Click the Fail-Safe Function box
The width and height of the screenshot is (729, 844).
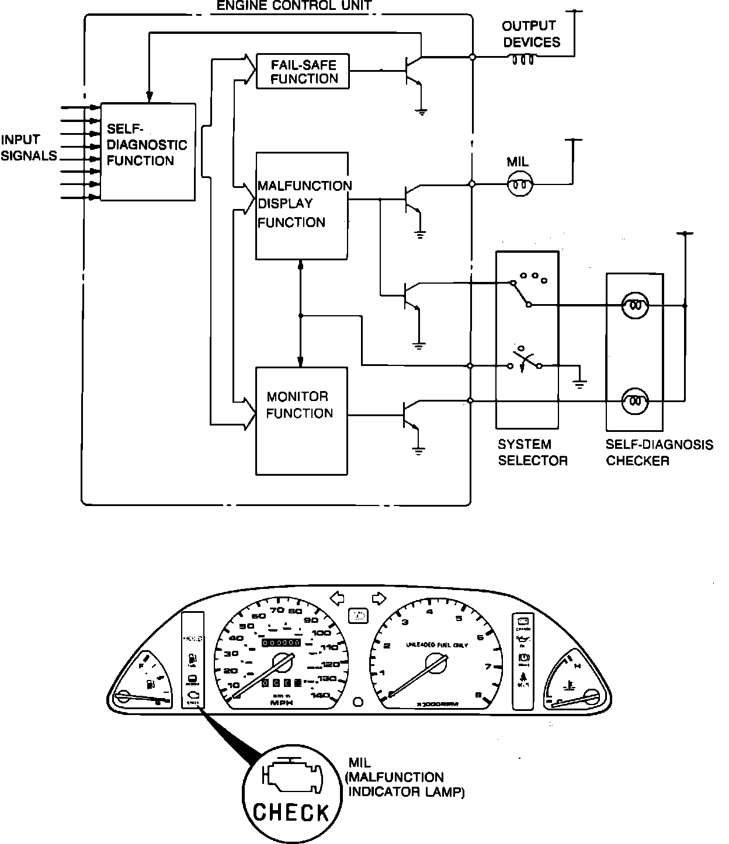303,71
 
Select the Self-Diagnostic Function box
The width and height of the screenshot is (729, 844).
147,152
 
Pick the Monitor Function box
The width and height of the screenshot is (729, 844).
301,420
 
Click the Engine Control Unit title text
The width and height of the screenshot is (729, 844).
294,6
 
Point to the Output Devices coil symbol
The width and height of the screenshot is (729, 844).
523,59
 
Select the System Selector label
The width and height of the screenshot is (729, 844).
532,452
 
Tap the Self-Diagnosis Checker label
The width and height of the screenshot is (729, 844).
659,452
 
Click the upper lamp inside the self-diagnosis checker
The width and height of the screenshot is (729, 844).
635,305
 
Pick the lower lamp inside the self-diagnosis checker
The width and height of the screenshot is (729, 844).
635,401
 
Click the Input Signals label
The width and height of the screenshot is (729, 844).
28,148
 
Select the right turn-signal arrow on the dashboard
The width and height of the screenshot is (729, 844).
379,598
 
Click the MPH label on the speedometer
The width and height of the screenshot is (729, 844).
282,703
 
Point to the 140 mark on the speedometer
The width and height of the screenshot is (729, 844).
321,695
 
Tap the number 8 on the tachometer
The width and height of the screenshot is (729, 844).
479,695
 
